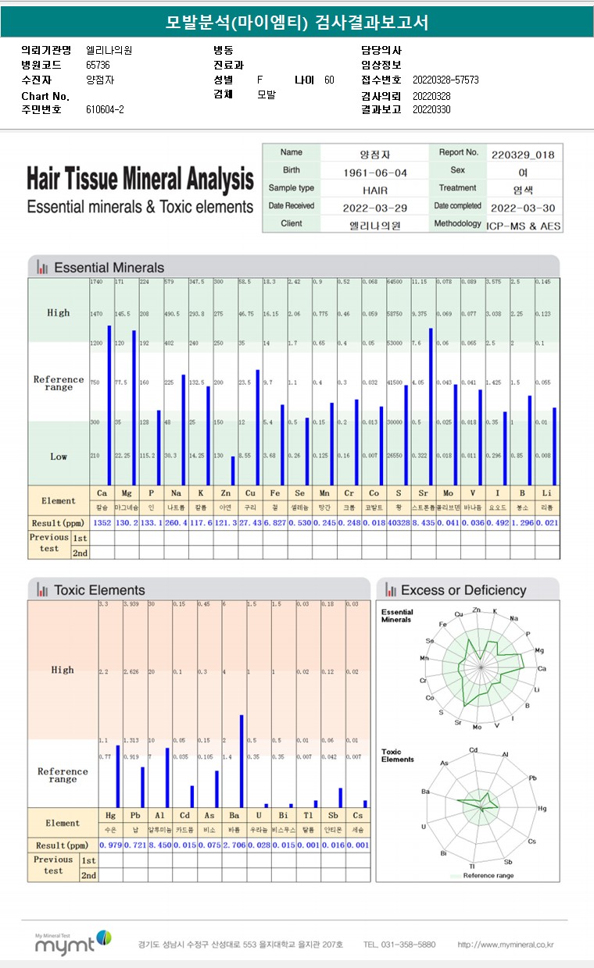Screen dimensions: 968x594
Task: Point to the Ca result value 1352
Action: pyautogui.click(x=102, y=522)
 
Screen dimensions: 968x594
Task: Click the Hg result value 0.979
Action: pyautogui.click(x=110, y=845)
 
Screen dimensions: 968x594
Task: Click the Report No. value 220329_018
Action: pyautogui.click(x=523, y=154)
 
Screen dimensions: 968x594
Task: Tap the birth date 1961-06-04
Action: pyautogui.click(x=375, y=172)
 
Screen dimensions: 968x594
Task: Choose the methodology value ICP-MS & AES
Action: pyautogui.click(x=523, y=225)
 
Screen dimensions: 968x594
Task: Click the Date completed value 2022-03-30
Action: pyautogui.click(x=523, y=208)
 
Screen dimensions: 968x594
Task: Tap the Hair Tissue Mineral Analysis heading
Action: pyautogui.click(x=140, y=180)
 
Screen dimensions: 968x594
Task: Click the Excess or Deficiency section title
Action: pyautogui.click(x=463, y=590)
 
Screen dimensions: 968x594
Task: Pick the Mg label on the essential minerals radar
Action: pyautogui.click(x=539, y=650)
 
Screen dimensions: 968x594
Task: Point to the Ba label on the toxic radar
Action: pyautogui.click(x=426, y=792)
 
